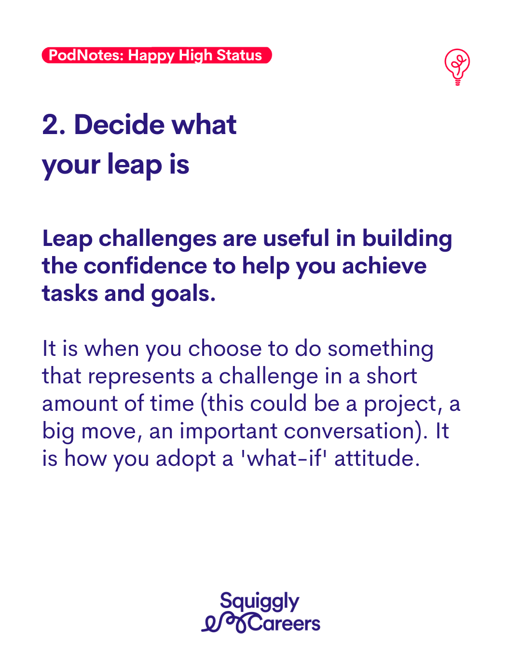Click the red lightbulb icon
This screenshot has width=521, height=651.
(x=457, y=67)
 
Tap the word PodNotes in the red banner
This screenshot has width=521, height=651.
(x=86, y=55)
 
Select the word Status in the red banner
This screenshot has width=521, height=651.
(x=239, y=55)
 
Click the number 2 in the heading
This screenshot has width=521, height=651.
(x=50, y=124)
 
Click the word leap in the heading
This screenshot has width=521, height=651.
(x=135, y=164)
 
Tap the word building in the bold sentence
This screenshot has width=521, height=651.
(x=407, y=239)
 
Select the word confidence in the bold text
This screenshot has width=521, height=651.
(x=145, y=266)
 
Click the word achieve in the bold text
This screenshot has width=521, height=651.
(x=384, y=266)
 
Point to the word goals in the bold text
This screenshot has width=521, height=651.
(x=180, y=294)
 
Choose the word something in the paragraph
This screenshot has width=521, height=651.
(x=381, y=349)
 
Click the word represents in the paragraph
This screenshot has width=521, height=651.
(x=141, y=377)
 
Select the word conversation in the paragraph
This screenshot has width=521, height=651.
(x=349, y=431)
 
